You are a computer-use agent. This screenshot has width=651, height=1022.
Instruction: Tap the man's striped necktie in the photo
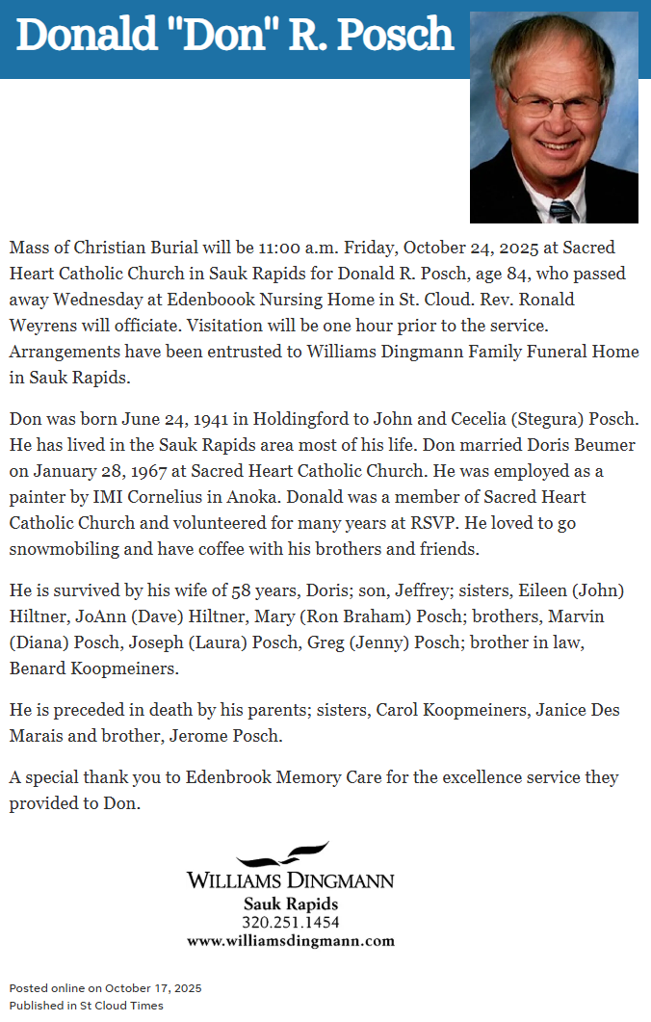pos(562,210)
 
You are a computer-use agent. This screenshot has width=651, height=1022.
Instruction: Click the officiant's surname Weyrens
pos(46,326)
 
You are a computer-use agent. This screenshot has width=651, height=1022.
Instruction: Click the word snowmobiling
pos(66,550)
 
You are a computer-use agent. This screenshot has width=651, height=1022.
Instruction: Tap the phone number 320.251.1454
pos(290,923)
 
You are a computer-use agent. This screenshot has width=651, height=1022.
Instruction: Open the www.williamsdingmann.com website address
pos(290,941)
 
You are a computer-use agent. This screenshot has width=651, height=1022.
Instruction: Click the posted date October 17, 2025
pos(153,988)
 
